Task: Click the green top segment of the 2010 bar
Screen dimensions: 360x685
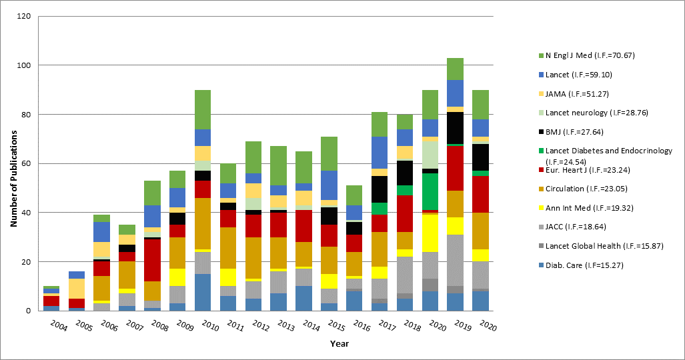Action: click(207, 109)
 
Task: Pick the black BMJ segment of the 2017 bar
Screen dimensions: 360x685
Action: click(380, 189)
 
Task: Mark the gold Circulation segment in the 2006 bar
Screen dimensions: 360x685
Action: click(102, 289)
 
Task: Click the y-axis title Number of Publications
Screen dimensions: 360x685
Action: click(13, 163)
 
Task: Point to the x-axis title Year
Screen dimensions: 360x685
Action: click(339, 344)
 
